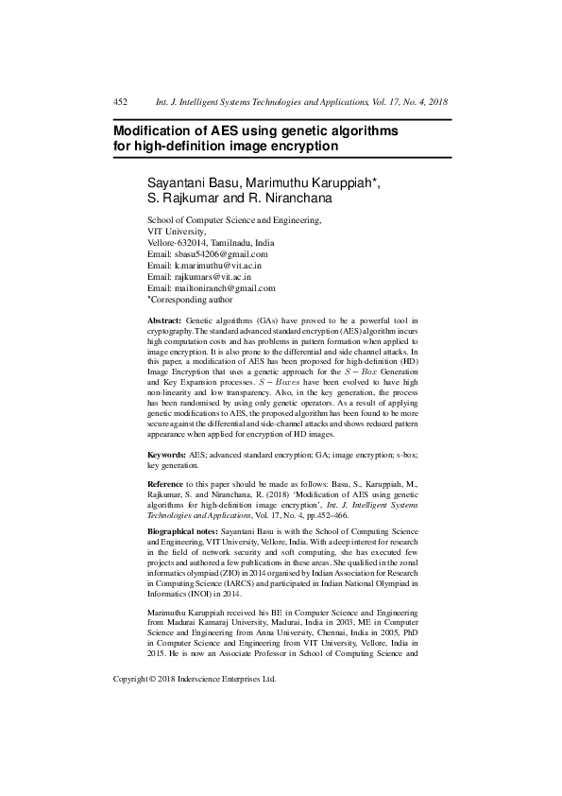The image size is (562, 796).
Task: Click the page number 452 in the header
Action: [x=120, y=101]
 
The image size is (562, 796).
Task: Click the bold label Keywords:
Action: [x=166, y=455]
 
